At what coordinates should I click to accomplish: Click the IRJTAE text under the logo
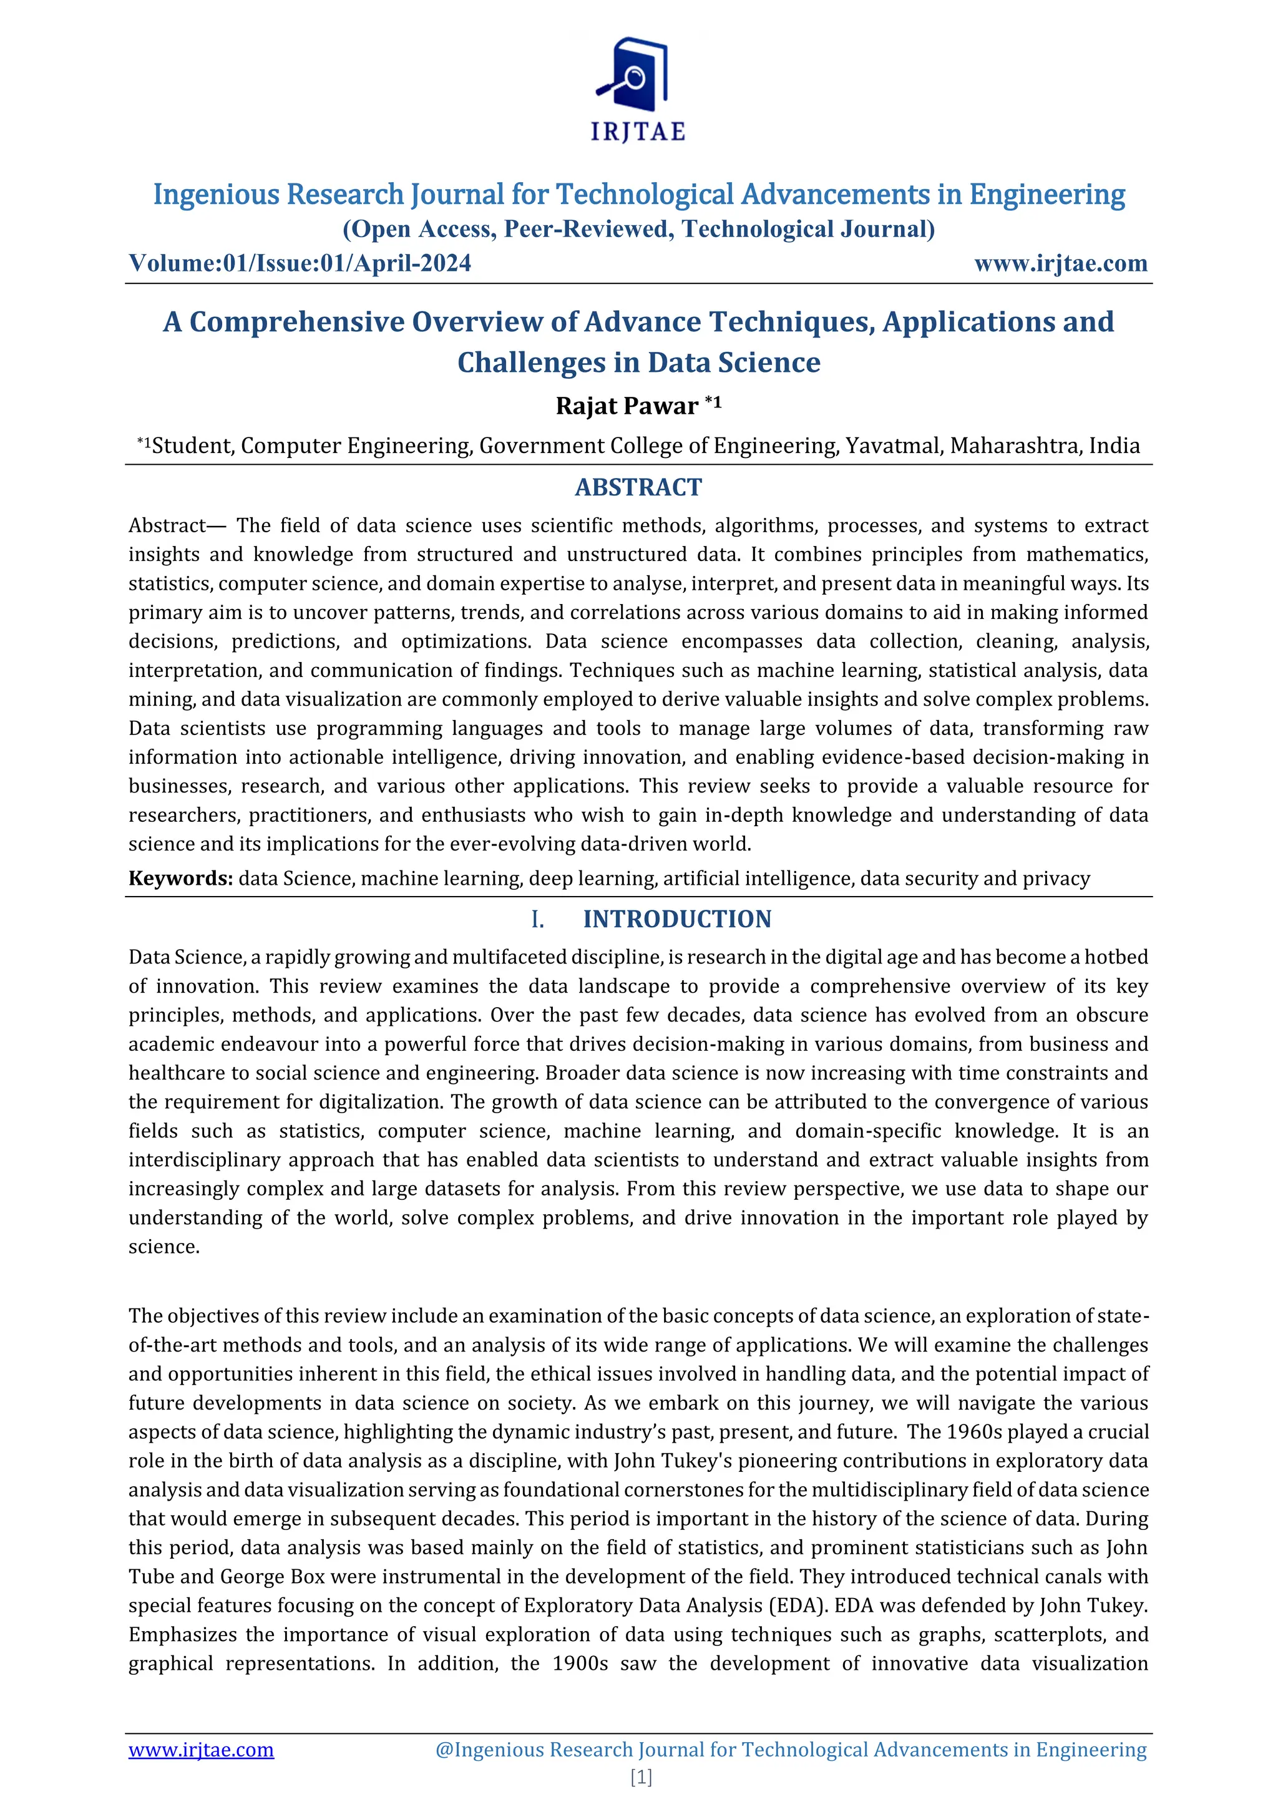click(x=638, y=132)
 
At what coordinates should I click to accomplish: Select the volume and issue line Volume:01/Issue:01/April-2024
click(x=300, y=263)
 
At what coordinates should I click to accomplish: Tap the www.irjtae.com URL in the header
click(x=1060, y=263)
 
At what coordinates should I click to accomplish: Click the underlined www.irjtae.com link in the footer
click(x=201, y=1750)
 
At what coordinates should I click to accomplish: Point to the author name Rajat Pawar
click(x=627, y=406)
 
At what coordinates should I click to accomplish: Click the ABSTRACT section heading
click(x=638, y=487)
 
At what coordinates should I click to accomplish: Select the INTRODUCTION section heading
click(x=677, y=918)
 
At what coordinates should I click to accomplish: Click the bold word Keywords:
click(x=180, y=879)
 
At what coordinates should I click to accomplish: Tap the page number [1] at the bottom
click(x=641, y=1777)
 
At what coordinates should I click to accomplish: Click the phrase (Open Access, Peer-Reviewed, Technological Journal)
click(x=638, y=229)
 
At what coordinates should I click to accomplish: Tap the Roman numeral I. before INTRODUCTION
click(x=537, y=919)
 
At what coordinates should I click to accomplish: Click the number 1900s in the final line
click(x=580, y=1663)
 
